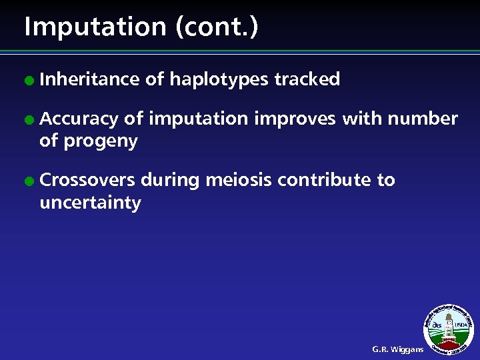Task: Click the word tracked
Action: [x=307, y=79]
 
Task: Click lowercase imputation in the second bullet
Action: [x=198, y=120]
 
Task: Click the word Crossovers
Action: [x=87, y=180]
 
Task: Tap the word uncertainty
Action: [x=90, y=203]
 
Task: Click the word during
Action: [x=170, y=180]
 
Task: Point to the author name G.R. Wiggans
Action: [x=397, y=349]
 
